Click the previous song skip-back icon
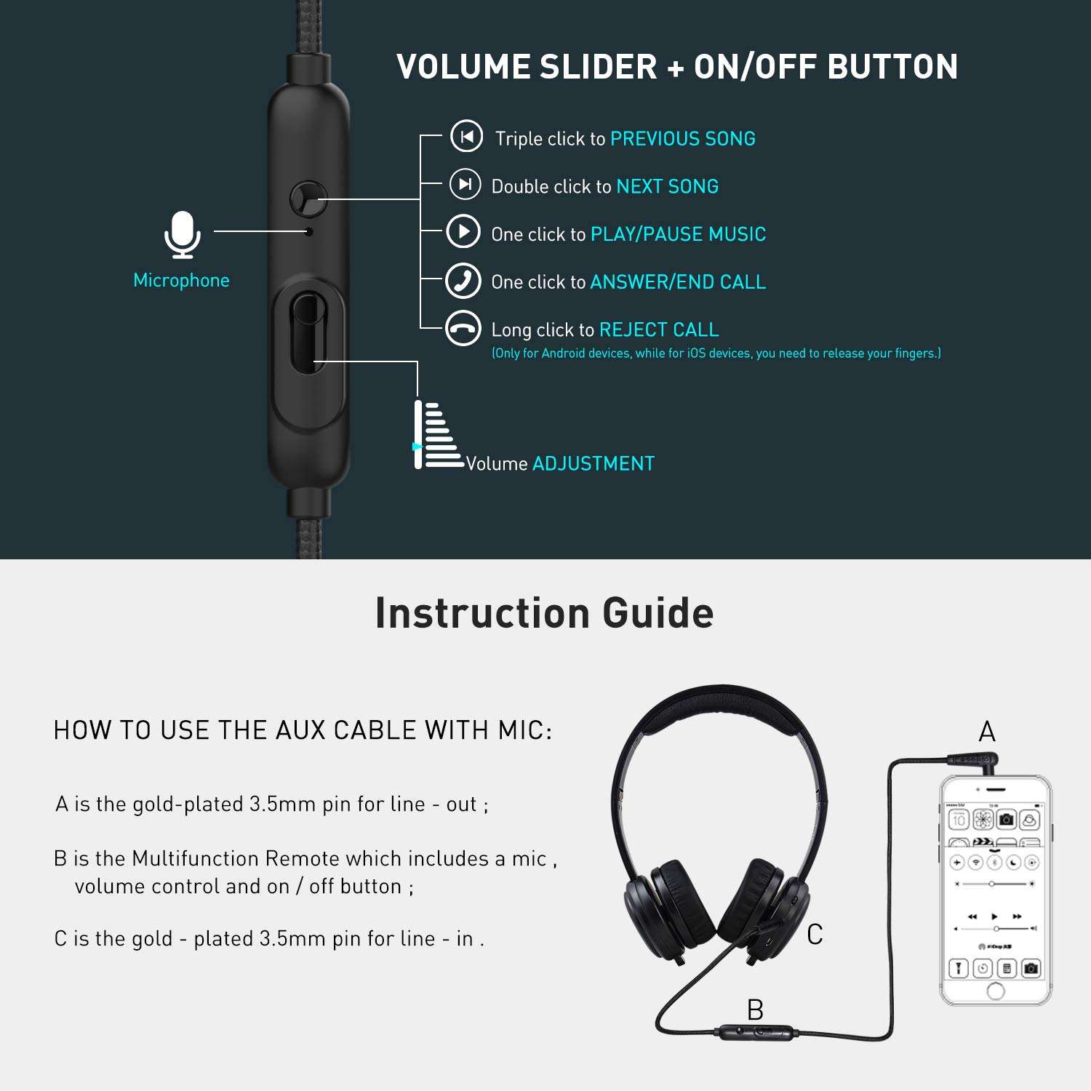pos(466,136)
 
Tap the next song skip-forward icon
pos(465,184)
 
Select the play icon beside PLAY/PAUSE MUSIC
pos(463,232)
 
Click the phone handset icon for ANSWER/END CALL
pos(463,281)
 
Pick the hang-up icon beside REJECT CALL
pos(463,329)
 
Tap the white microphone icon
pos(182,234)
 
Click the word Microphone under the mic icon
pos(181,281)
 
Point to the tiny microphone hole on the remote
pos(309,231)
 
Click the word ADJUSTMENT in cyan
pos(594,464)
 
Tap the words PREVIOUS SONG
pos(683,139)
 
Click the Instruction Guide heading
pos(544,612)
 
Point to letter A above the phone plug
pos(987,732)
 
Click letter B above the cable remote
pos(755,1010)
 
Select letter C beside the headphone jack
pos(815,935)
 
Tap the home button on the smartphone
pos(996,991)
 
